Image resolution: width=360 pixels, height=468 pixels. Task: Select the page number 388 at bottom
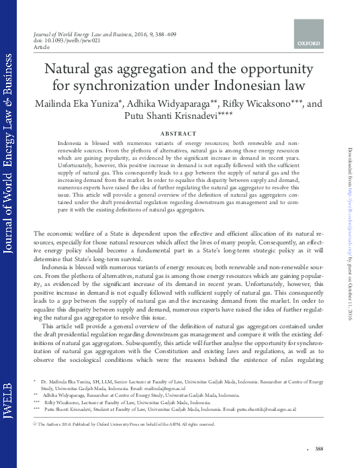(319, 449)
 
